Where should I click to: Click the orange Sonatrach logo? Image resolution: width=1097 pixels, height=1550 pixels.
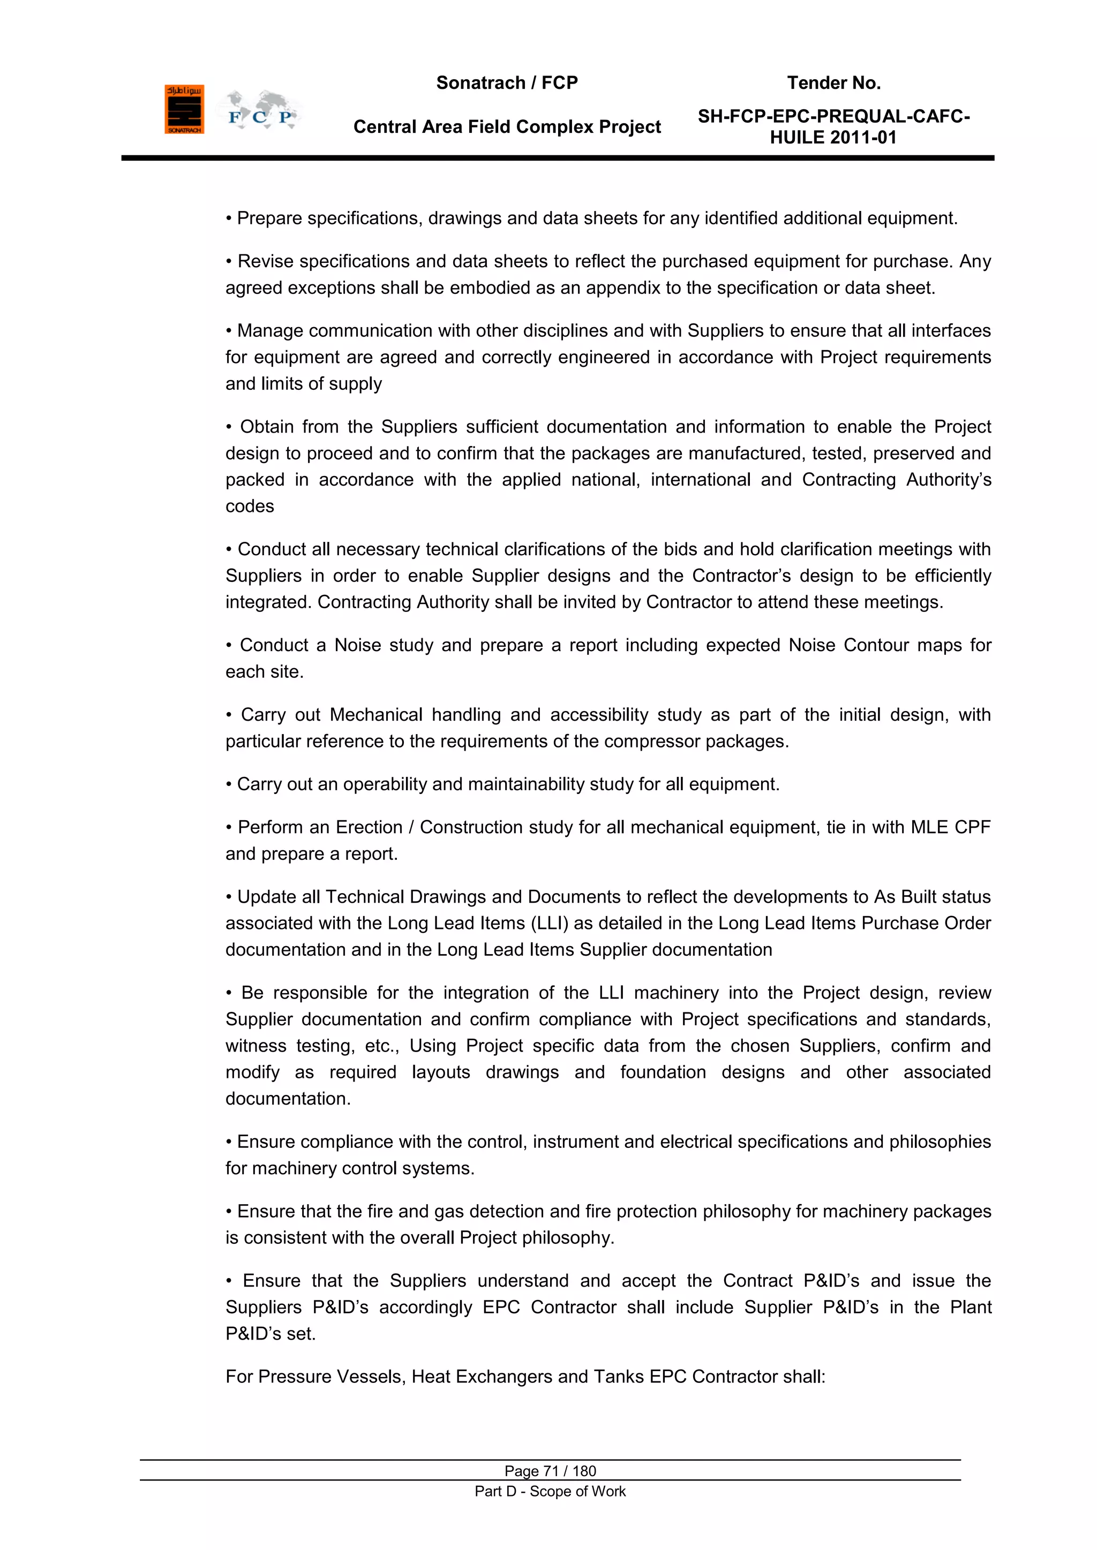click(184, 109)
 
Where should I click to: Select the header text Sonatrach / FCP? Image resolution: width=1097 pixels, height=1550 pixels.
click(507, 83)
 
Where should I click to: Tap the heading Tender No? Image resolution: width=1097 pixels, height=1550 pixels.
click(833, 83)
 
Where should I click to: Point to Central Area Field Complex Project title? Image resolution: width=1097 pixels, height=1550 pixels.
click(507, 127)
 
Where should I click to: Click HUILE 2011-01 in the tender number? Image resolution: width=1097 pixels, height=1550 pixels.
click(833, 138)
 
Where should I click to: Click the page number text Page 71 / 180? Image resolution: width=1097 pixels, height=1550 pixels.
click(550, 1471)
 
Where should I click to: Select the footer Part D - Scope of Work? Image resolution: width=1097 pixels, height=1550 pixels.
click(550, 1491)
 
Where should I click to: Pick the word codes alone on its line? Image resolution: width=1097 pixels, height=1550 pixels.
click(250, 506)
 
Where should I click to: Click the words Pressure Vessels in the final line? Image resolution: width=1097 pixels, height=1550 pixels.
click(331, 1377)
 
